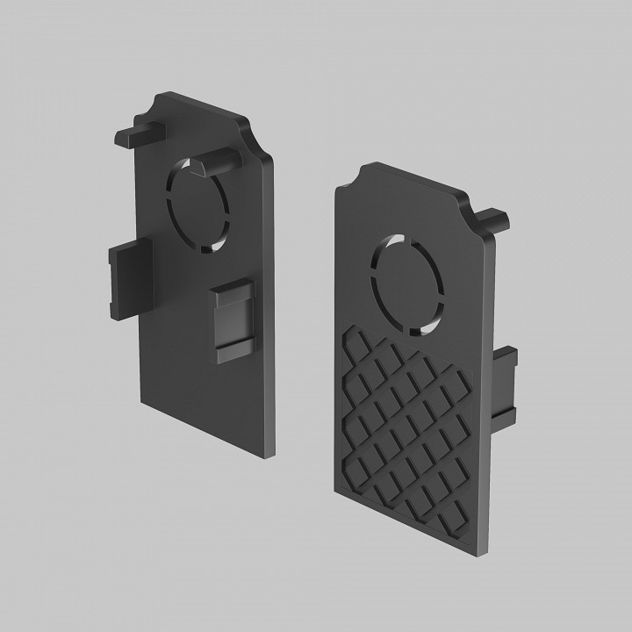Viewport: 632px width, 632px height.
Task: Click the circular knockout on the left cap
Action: coord(200,205)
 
